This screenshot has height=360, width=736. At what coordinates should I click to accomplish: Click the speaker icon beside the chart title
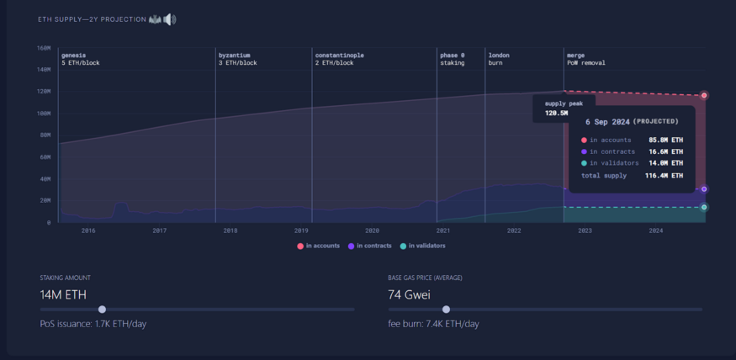169,19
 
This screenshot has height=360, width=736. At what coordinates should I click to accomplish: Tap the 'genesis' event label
74,56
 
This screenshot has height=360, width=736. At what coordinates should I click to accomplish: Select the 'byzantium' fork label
234,56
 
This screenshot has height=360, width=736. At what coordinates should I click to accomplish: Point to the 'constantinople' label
339,56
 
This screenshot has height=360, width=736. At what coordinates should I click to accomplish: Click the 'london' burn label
499,56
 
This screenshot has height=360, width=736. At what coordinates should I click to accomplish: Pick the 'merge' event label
576,56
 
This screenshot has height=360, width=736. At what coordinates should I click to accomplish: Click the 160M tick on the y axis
43,48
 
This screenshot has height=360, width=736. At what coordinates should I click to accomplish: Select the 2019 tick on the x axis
301,230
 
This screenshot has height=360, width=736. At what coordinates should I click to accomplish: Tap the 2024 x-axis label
656,230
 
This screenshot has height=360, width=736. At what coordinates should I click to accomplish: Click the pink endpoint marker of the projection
704,95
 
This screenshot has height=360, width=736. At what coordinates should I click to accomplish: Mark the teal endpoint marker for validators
704,207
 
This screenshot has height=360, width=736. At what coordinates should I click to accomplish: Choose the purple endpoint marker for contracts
704,189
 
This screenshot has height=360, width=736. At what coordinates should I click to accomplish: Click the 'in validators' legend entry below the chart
423,246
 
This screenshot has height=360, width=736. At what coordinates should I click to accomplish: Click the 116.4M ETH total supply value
665,176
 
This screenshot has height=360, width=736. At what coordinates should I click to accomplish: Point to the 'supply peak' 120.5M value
556,113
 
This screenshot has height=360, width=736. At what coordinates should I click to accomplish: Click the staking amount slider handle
103,310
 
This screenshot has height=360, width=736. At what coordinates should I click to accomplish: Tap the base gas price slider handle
446,310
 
